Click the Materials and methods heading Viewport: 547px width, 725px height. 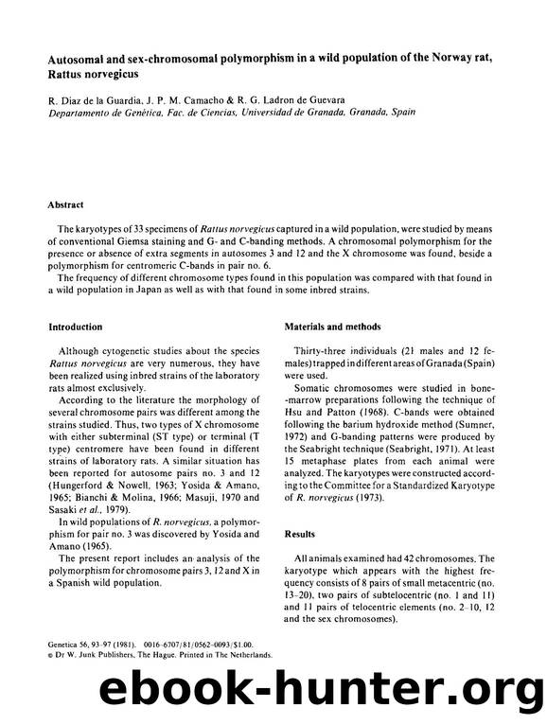338,327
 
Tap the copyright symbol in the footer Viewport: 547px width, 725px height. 51,654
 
